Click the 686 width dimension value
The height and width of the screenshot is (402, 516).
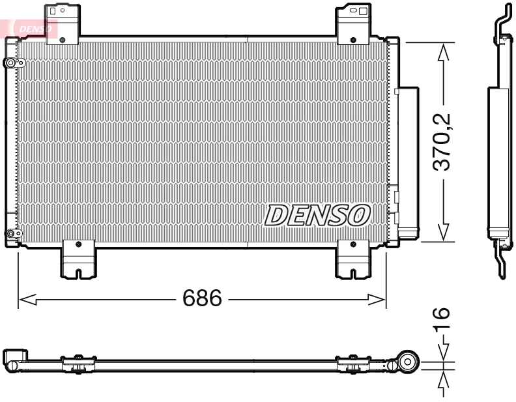(201, 299)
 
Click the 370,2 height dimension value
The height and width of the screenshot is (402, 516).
(444, 141)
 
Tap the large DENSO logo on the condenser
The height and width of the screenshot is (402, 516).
(317, 215)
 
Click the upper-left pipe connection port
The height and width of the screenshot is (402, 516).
(11, 63)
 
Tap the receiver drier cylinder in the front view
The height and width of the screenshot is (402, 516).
(409, 160)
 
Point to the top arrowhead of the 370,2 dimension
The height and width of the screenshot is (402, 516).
(444, 51)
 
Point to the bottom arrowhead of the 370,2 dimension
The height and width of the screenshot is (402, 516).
(444, 233)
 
